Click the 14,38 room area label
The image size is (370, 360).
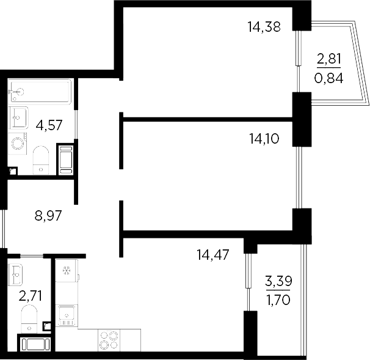point(264,26)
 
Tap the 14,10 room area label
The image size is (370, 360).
point(264,139)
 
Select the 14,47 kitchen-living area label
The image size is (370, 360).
point(212,254)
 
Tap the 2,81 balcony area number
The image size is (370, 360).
point(328,60)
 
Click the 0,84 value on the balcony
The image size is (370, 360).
point(328,78)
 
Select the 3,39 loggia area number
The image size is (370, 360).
point(278,282)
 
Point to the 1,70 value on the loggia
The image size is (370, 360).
point(278,300)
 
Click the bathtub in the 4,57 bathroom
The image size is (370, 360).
point(40,92)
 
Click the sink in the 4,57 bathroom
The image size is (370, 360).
point(18,116)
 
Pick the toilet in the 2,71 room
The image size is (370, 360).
point(28,318)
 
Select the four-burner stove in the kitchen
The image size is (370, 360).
point(108,339)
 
